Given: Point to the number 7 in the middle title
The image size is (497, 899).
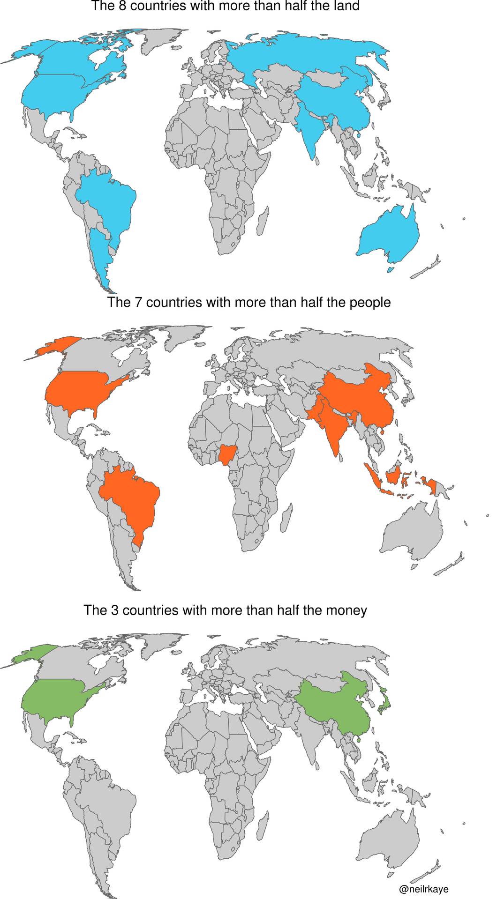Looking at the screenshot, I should click(138, 302).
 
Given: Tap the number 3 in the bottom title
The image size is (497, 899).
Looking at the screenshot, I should click(115, 610).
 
